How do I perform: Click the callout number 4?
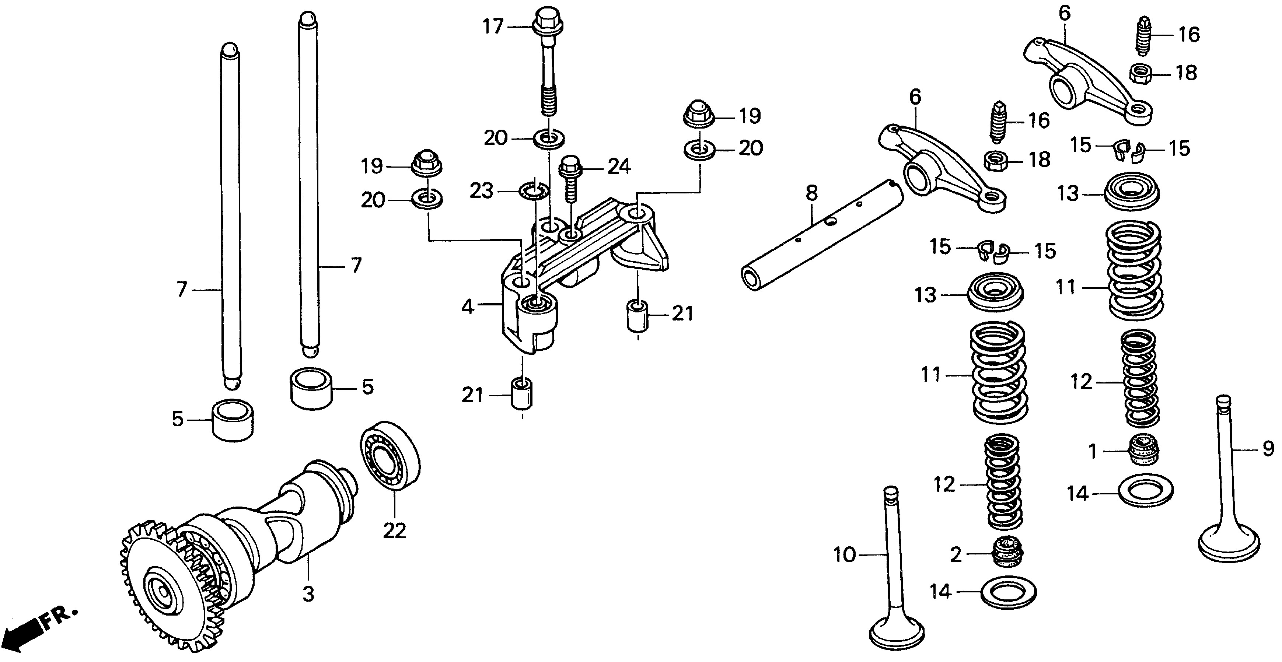click(x=467, y=307)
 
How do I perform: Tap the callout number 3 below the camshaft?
click(x=308, y=593)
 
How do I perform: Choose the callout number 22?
click(x=394, y=531)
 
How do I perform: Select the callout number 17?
click(x=493, y=27)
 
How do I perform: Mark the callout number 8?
click(x=812, y=193)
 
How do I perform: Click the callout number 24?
click(x=619, y=167)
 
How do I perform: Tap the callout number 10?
click(x=845, y=554)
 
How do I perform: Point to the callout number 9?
click(x=1268, y=449)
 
